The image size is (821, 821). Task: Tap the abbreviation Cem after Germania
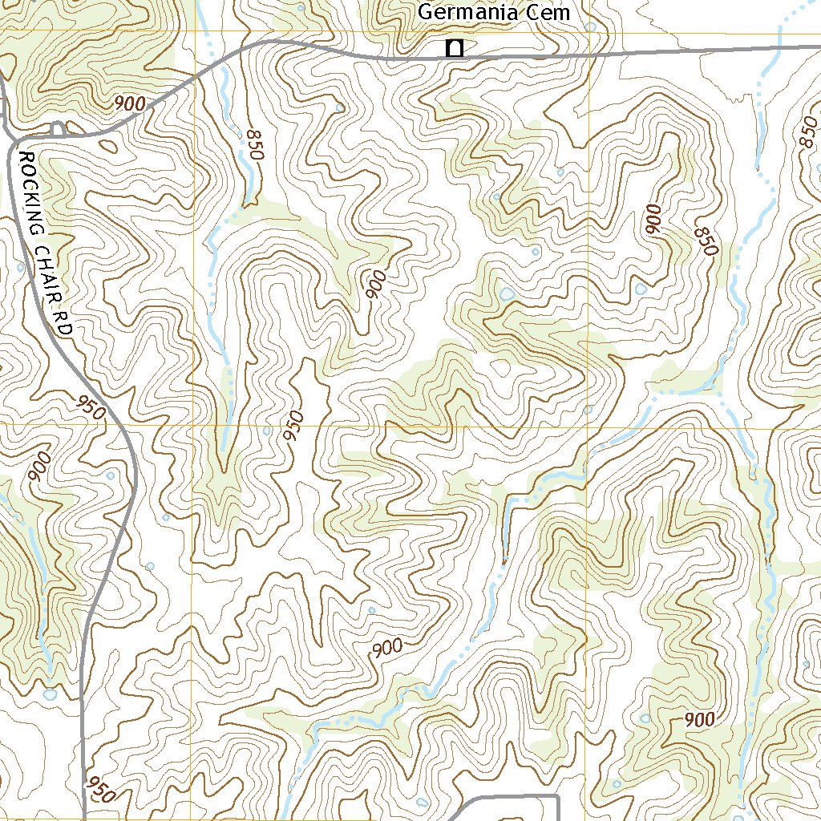click(552, 13)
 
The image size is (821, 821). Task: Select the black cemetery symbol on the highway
click(455, 49)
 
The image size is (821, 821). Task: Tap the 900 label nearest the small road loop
click(129, 103)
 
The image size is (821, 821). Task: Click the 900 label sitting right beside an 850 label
click(653, 219)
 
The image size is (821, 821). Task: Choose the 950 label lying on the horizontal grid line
click(294, 426)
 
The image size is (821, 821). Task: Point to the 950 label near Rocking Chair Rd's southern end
click(101, 789)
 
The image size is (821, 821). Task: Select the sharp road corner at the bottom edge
click(556, 798)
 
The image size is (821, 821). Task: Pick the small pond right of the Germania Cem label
click(591, 26)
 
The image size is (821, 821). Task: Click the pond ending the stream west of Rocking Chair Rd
click(51, 693)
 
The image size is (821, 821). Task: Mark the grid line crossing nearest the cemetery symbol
click(588, 33)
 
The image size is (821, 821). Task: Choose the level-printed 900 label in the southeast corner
click(699, 720)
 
